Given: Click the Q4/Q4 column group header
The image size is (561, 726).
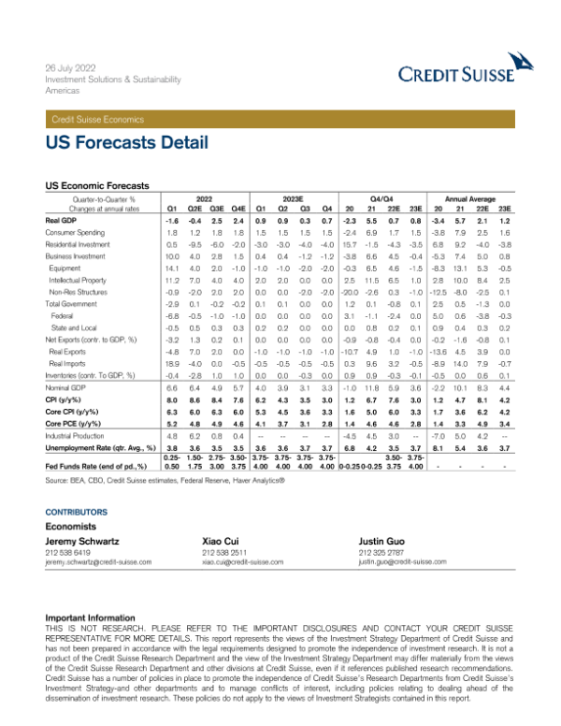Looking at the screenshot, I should (384, 198).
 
